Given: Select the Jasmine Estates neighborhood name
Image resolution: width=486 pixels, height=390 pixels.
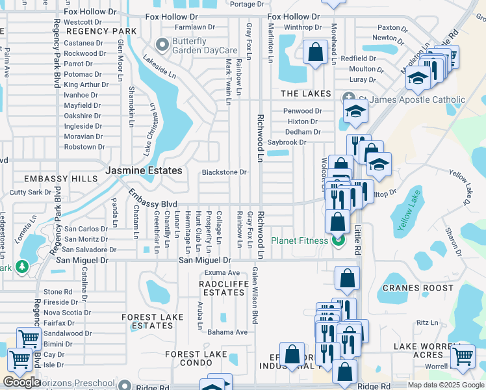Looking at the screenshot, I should [144, 170].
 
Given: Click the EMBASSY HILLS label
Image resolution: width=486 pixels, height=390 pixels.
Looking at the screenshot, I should [51, 178].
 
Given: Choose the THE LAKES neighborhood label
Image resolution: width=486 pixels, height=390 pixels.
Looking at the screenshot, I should [306, 94].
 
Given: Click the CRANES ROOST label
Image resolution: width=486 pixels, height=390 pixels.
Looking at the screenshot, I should [418, 288].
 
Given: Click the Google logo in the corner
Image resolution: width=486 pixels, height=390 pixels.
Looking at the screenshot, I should [21, 382].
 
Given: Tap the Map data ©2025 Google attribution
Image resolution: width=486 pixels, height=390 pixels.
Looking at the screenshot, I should [446, 385].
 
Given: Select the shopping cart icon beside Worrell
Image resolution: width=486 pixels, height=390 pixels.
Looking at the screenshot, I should [462, 356].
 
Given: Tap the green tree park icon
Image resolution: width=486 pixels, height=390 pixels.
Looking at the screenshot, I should [22, 266].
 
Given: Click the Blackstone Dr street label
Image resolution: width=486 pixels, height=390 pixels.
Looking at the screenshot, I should [224, 172].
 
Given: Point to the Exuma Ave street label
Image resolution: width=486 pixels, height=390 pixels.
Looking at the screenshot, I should [222, 272].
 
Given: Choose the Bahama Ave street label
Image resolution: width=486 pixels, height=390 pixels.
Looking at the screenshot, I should [227, 332].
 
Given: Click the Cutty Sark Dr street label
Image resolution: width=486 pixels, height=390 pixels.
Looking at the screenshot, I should [30, 192].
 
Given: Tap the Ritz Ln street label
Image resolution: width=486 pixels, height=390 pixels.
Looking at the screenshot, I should [428, 322].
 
